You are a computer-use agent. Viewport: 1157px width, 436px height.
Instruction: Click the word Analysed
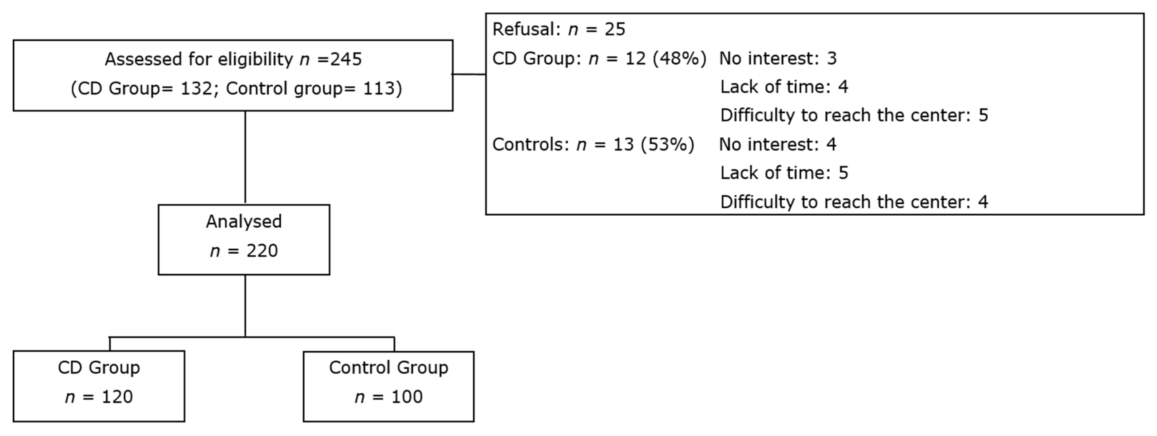coord(244,222)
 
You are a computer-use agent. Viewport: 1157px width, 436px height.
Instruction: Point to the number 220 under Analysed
coord(262,251)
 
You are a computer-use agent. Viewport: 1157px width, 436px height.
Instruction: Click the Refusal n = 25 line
coord(559,30)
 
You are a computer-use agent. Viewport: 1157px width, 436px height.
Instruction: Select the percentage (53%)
coord(667,145)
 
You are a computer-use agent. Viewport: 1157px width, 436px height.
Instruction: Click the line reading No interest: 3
coord(778,59)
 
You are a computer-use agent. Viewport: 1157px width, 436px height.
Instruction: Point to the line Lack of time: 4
coord(784,87)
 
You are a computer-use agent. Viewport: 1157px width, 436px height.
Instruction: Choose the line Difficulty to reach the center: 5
coord(854,115)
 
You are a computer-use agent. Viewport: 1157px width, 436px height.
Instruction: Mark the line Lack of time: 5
coord(784,173)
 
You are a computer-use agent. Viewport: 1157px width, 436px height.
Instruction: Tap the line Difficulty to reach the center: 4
coord(854,202)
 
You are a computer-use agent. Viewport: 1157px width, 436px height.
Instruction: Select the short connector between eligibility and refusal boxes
coord(469,74)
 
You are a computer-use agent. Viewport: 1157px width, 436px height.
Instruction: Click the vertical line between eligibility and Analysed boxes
coord(245,157)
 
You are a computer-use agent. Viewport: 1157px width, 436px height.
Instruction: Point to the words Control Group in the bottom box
coord(389,368)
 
